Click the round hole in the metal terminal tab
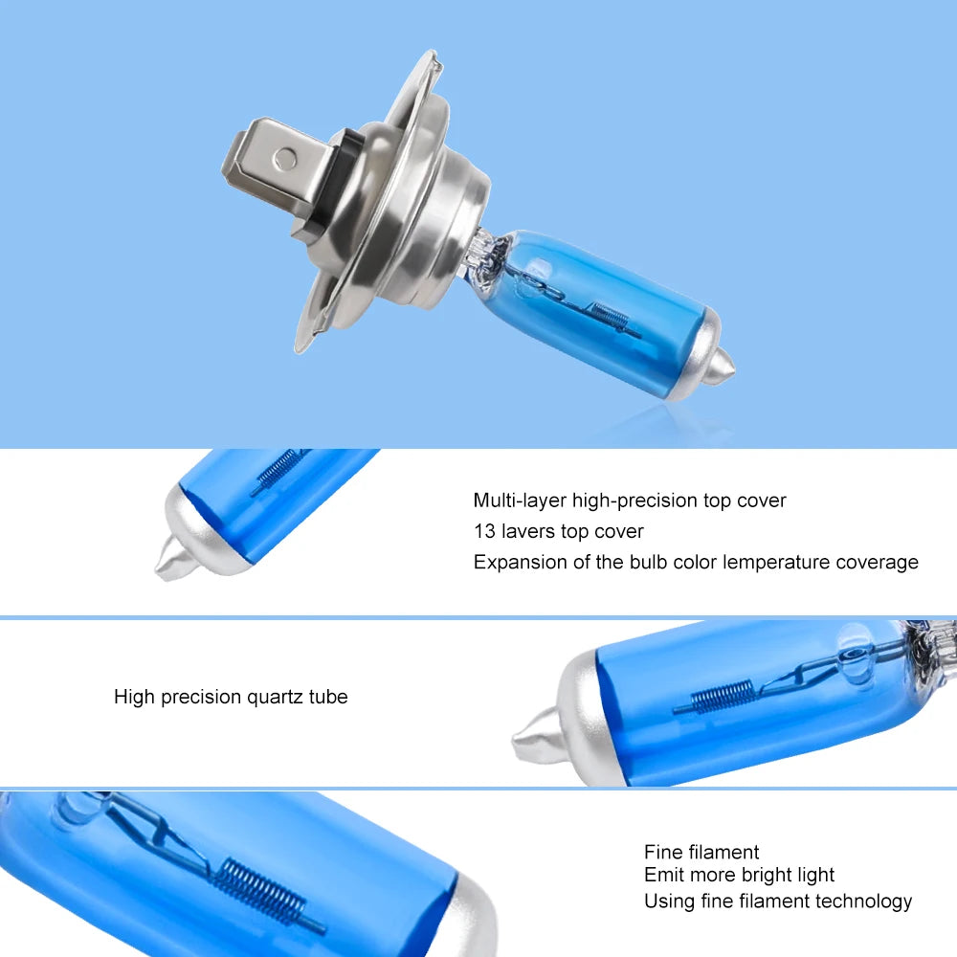(x=285, y=159)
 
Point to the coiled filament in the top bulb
(x=612, y=317)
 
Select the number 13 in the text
(x=484, y=531)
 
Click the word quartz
(x=276, y=697)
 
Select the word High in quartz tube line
(x=135, y=697)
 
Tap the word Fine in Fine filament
(x=663, y=852)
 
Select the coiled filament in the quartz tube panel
(x=722, y=696)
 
